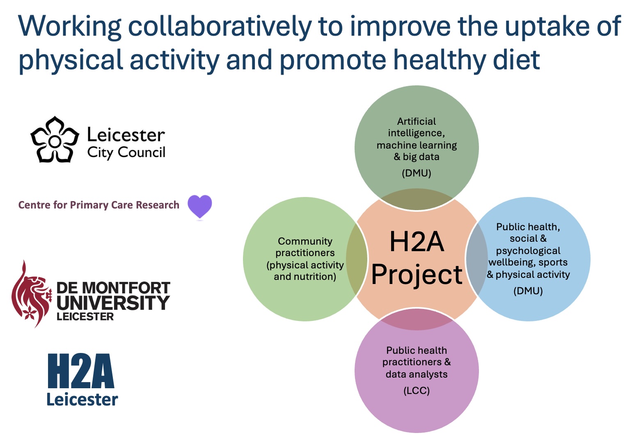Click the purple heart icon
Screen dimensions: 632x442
[200, 206]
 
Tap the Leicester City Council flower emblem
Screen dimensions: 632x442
[55, 140]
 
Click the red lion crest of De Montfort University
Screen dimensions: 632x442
[31, 294]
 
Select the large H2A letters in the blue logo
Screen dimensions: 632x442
[81, 371]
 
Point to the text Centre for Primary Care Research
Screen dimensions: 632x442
[99, 205]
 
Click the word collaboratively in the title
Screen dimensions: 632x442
[220, 27]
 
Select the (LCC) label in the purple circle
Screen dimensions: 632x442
[417, 391]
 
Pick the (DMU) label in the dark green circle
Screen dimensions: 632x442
[417, 173]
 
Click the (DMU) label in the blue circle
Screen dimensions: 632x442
[528, 291]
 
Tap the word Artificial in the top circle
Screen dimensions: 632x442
[417, 121]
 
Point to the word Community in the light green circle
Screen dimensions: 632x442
[305, 241]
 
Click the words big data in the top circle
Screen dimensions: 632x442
[421, 157]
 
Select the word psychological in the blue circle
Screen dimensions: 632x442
[528, 251]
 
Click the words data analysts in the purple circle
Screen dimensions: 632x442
[417, 374]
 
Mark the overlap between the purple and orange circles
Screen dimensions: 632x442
[417, 320]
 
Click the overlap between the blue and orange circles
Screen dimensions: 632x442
[476, 259]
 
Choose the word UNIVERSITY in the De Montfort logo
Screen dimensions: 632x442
[113, 303]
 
